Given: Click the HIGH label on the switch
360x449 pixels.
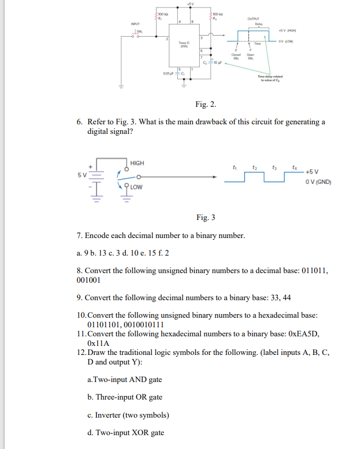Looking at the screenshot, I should [136, 163].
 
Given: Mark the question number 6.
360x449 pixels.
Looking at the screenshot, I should [79, 122].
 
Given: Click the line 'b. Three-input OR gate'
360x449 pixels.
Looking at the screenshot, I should [124, 397].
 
